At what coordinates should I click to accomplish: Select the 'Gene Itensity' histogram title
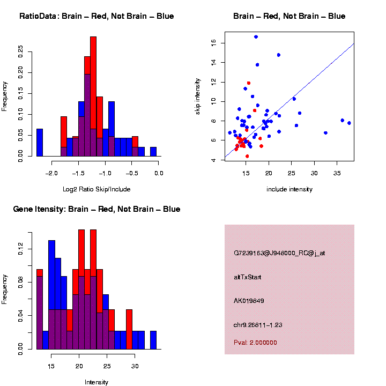96,209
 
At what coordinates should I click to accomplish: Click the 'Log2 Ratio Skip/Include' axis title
96,189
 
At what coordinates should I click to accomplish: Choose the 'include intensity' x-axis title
289,189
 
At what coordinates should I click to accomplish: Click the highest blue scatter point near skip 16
256,36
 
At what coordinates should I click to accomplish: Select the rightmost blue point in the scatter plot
349,123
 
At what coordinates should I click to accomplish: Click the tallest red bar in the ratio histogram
93,96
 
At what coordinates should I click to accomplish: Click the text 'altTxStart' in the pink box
247,277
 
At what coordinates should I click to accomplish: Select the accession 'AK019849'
249,300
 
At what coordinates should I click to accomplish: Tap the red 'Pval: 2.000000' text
256,342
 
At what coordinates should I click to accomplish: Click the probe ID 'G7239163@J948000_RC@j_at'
279,253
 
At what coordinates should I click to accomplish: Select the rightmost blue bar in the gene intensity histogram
153,340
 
